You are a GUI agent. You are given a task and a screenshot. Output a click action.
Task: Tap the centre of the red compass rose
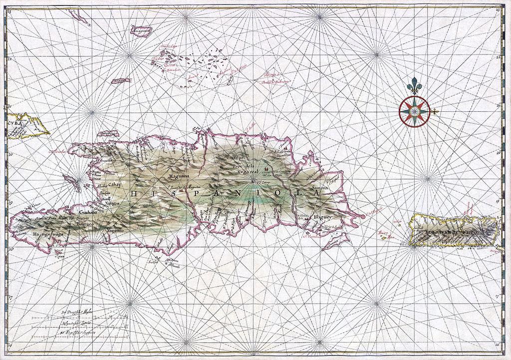tap(414, 111)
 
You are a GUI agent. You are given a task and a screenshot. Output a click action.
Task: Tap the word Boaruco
tap(92, 224)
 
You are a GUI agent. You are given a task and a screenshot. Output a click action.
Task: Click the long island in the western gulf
tap(72, 182)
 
